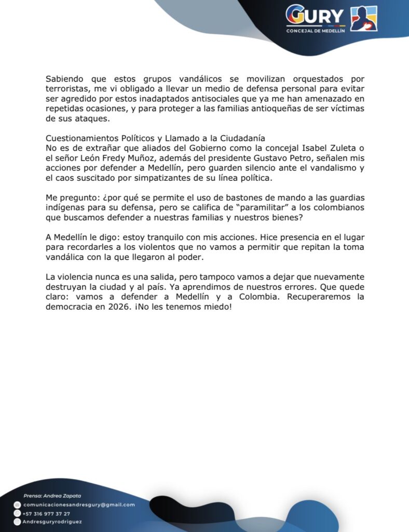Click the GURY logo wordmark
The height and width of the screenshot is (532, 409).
tap(315, 16)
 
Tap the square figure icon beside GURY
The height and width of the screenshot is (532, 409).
tap(364, 19)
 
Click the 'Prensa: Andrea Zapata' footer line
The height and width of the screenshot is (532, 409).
tap(51, 496)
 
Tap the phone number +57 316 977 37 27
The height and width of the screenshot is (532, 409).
tap(47, 513)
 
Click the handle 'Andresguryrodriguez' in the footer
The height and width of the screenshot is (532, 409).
tap(52, 521)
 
